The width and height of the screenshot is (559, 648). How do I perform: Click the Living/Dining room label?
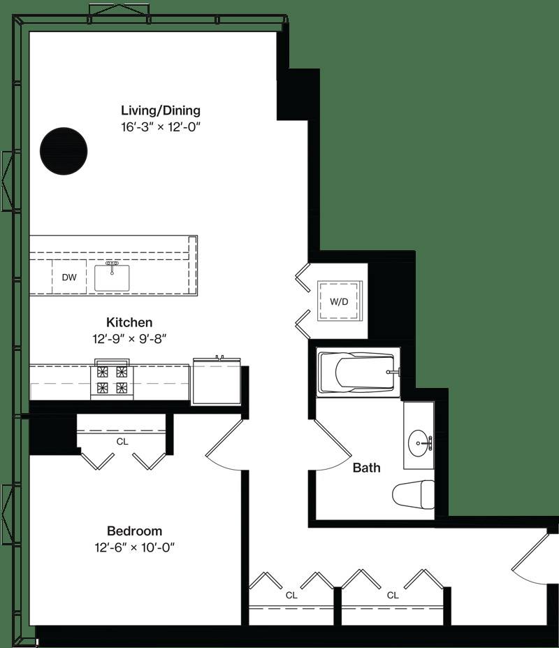pos(161,110)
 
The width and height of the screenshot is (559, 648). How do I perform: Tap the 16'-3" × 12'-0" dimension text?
pos(161,127)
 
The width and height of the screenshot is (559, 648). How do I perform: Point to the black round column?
pos(64,151)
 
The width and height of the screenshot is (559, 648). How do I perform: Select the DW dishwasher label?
pos(69,278)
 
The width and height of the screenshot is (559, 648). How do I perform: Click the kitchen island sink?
pos(112,278)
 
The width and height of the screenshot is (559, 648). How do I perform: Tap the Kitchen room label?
pos(129,322)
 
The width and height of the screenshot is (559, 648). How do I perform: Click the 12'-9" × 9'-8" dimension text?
pos(129,339)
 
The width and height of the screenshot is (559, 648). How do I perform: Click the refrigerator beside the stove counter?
pos(217,381)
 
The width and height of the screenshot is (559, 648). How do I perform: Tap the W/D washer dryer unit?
pos(339,301)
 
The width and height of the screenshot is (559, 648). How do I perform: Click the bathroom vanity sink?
pos(419,443)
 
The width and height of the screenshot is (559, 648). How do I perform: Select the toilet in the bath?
pos(413,495)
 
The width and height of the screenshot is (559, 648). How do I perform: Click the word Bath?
pos(366,468)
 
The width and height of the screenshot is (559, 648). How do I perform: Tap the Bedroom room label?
pos(135,531)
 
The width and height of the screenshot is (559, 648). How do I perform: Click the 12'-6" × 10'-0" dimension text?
pos(135,547)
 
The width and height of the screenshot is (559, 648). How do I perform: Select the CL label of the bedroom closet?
pos(122,442)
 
